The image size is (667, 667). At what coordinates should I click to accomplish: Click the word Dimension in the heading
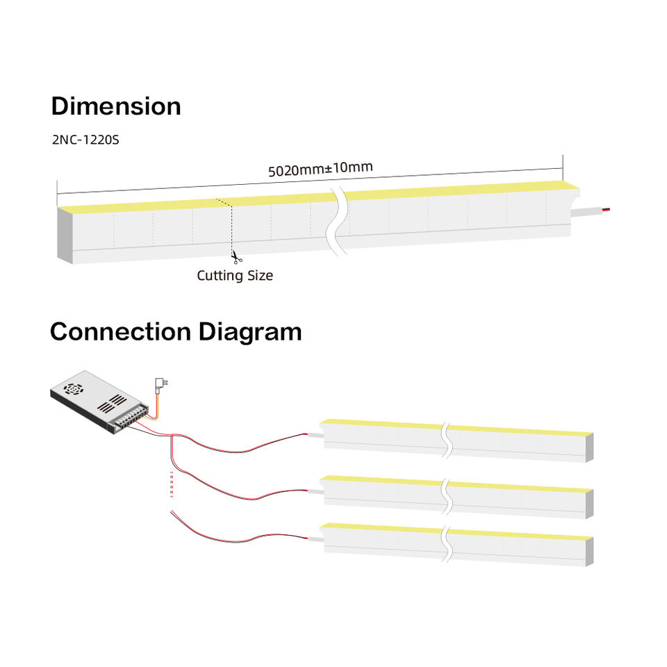click(116, 106)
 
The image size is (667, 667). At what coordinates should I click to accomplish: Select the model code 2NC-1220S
click(85, 139)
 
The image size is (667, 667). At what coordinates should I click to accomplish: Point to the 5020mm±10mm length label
click(321, 169)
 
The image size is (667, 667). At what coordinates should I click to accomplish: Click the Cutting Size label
click(235, 276)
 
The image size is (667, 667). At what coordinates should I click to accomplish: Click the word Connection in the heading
click(121, 331)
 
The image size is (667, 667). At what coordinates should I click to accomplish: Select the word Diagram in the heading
click(251, 331)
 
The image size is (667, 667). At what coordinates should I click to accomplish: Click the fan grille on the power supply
click(73, 388)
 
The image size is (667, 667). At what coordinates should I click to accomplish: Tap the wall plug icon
click(161, 382)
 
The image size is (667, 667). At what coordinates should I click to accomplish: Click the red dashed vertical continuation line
click(172, 484)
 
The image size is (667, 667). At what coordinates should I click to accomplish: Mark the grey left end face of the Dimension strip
click(65, 236)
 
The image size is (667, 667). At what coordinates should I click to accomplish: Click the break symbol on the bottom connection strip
click(447, 543)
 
